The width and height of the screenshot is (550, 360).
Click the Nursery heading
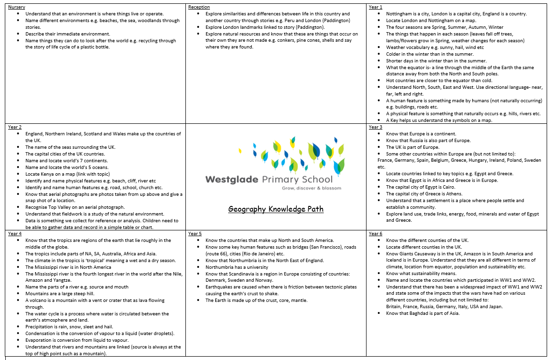(x=17, y=7)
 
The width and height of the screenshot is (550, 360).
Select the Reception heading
(x=198, y=7)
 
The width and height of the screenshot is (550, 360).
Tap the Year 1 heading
(x=376, y=7)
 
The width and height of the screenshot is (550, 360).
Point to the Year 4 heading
(x=15, y=234)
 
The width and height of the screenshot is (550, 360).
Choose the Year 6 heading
(x=376, y=234)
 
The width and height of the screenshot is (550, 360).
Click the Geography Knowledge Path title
(x=276, y=209)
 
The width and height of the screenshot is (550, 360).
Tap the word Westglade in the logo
(x=232, y=180)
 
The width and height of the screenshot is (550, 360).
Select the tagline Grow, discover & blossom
(x=312, y=188)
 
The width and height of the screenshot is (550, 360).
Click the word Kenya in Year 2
(x=49, y=174)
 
